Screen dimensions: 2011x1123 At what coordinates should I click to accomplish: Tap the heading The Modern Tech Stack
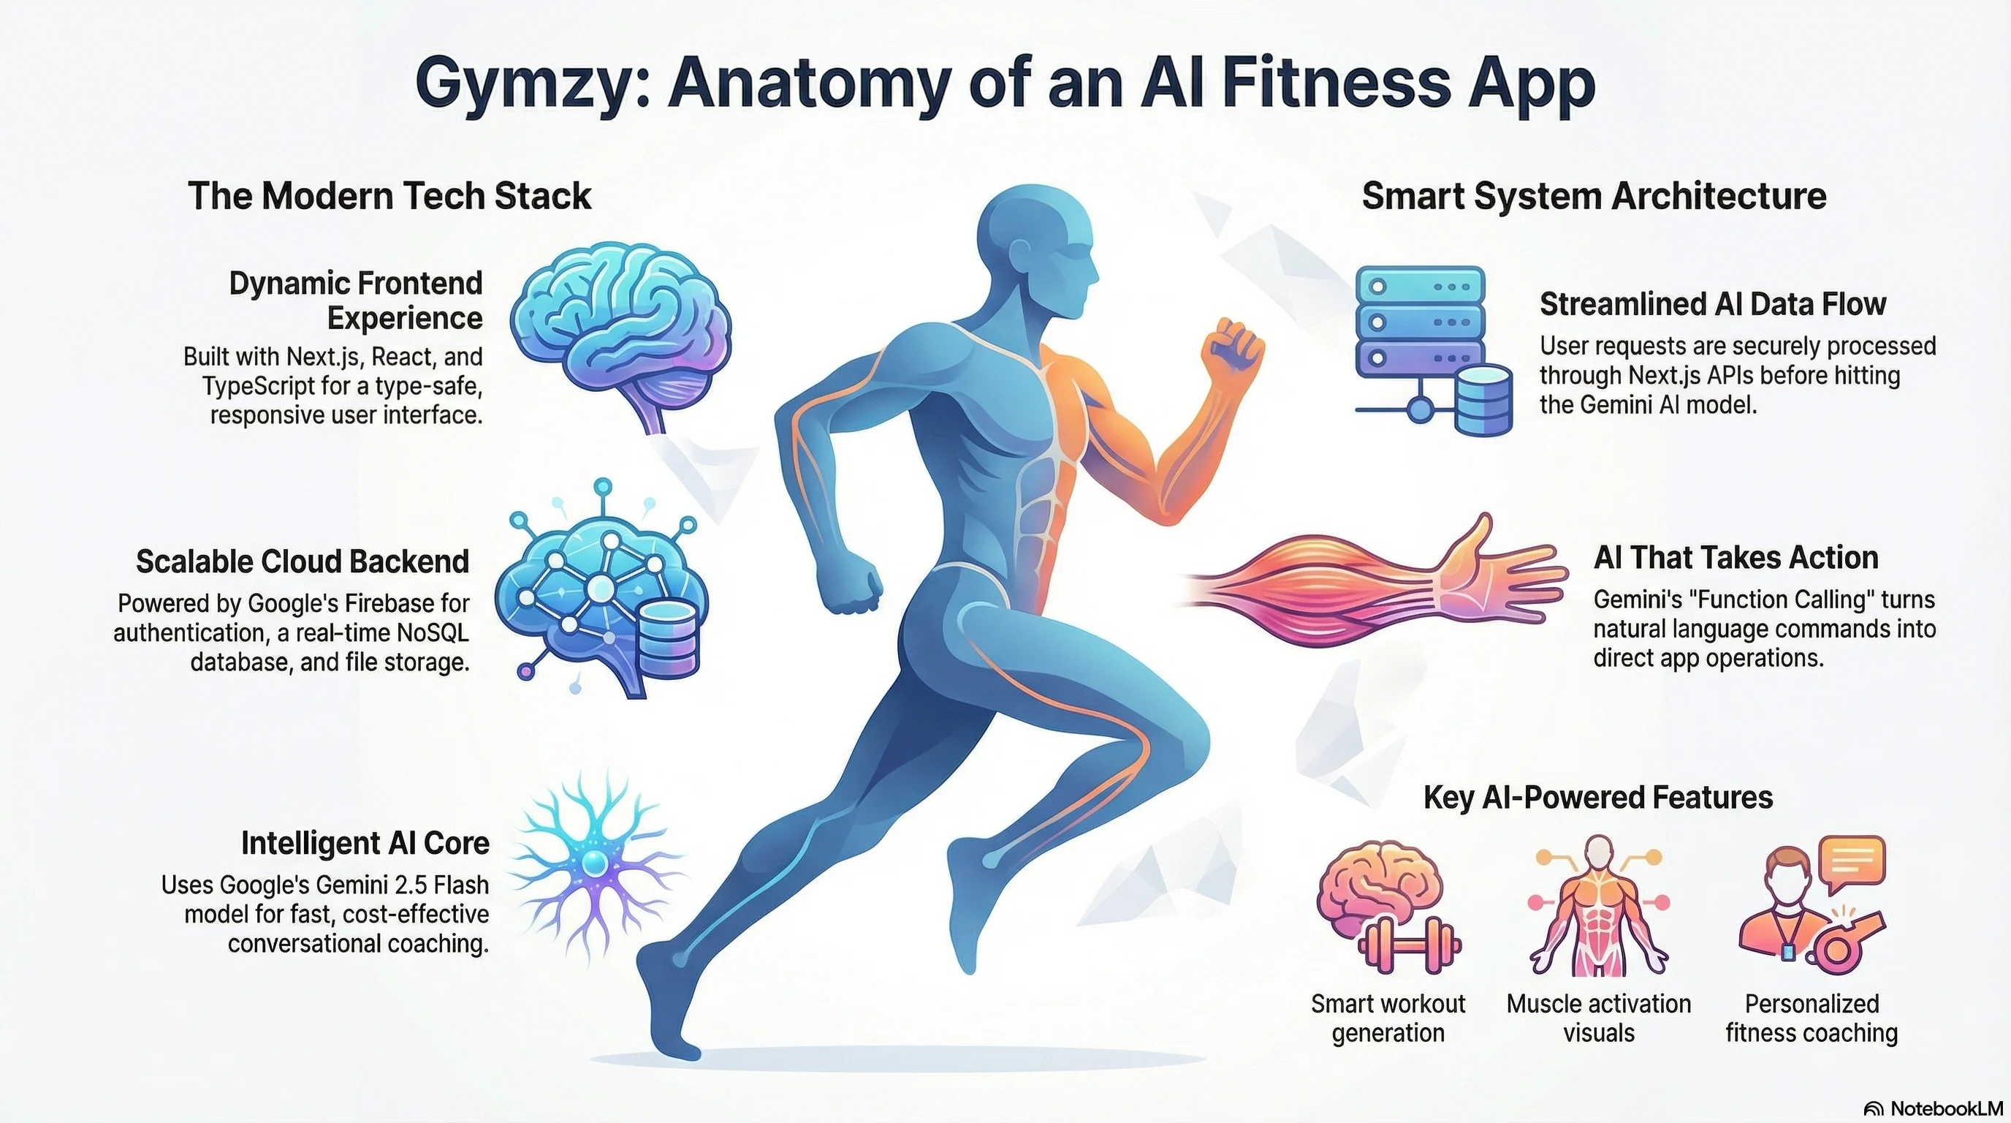click(x=389, y=195)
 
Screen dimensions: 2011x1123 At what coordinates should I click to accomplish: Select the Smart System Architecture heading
click(x=1593, y=195)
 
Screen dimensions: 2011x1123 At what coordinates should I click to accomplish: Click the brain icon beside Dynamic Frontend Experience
click(x=620, y=328)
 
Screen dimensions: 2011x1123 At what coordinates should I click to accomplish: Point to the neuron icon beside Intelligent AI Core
click(x=595, y=863)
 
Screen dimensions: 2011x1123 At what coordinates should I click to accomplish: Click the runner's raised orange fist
click(x=1231, y=352)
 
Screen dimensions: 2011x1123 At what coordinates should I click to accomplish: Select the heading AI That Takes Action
click(x=1736, y=558)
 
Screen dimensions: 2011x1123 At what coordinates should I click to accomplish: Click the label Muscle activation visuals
click(x=1598, y=1018)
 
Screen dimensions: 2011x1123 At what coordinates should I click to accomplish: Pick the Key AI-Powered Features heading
click(x=1598, y=798)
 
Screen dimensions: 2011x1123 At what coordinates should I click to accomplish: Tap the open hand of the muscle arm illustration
click(x=1499, y=574)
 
